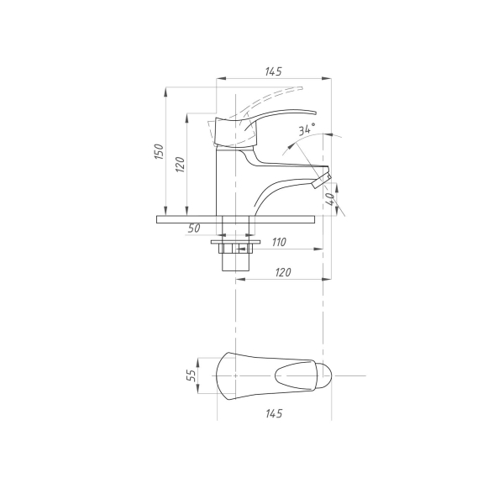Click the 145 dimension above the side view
click(273, 71)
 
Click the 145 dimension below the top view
click(274, 413)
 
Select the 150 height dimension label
click(159, 151)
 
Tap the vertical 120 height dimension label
click(181, 165)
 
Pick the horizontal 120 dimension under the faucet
click(283, 272)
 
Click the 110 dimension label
click(279, 242)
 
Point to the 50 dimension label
click(194, 228)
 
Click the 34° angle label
click(307, 129)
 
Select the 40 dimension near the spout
click(330, 199)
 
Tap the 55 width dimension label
click(191, 375)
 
